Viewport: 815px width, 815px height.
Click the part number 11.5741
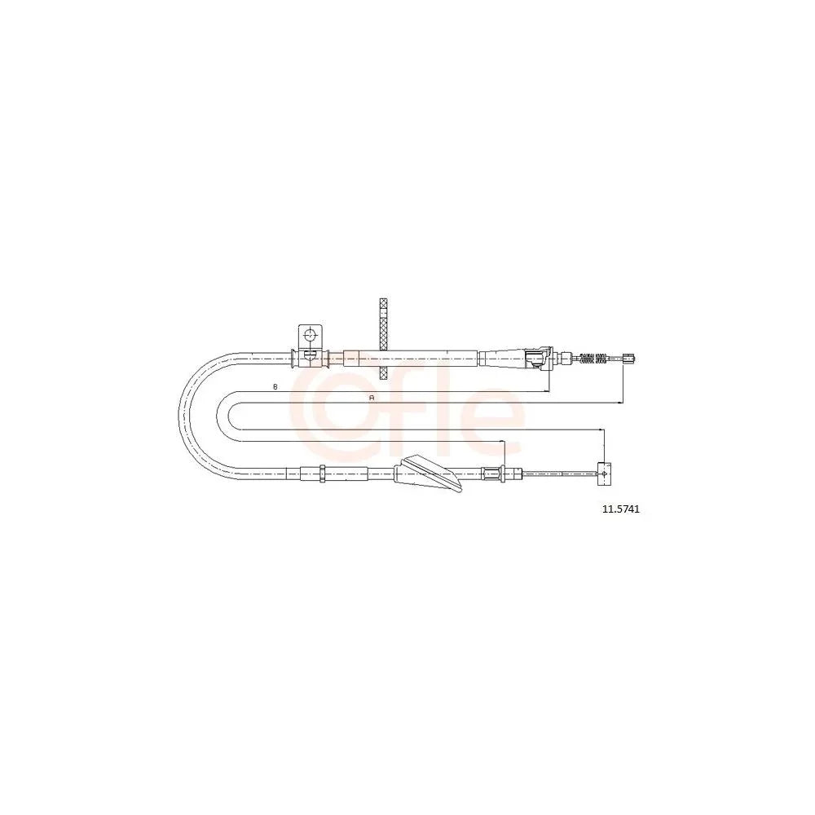point(620,510)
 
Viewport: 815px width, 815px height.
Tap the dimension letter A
point(371,398)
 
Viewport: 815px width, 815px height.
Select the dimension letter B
point(275,386)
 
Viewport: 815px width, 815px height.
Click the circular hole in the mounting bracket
point(310,335)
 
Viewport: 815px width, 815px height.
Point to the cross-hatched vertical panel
point(384,339)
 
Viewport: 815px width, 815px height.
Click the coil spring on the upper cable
point(593,358)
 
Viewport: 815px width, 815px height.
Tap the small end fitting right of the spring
point(629,358)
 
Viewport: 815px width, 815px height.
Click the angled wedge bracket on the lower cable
point(429,473)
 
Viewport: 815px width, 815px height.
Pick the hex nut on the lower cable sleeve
point(322,474)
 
